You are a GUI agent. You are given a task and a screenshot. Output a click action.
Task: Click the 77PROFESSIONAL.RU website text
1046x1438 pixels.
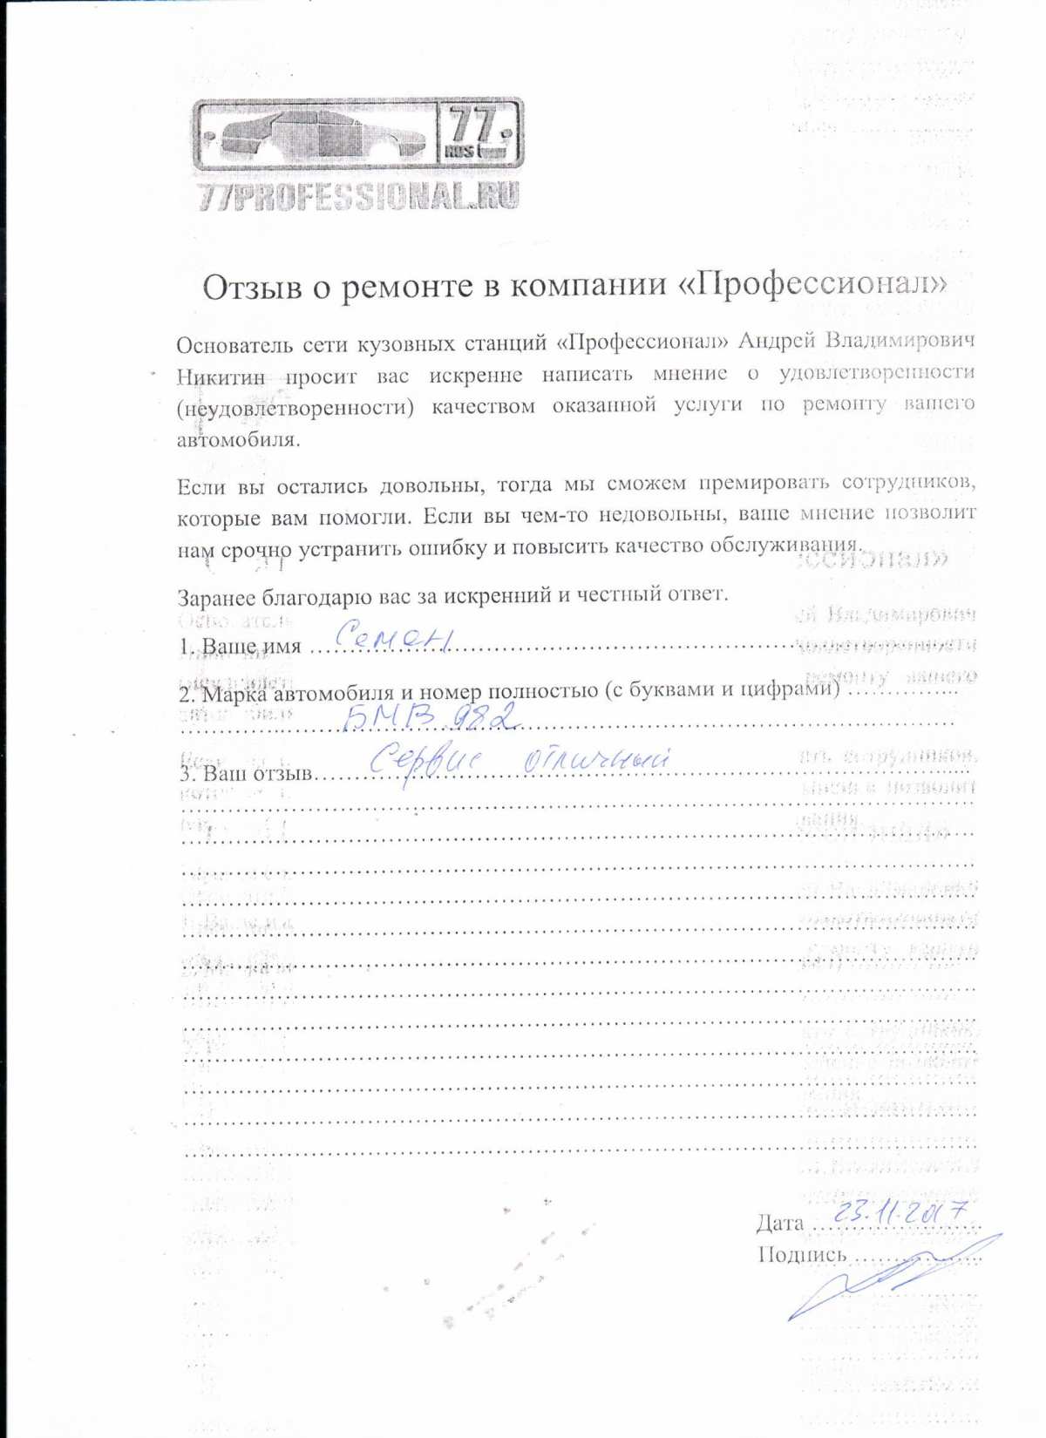[358, 195]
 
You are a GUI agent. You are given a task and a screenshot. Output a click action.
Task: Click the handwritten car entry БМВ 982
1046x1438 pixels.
[431, 716]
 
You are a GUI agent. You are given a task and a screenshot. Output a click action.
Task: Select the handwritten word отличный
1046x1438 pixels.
[596, 759]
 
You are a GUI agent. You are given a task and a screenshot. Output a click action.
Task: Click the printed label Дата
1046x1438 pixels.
[779, 1223]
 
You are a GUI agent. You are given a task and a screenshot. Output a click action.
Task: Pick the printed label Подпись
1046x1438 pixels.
[801, 1255]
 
